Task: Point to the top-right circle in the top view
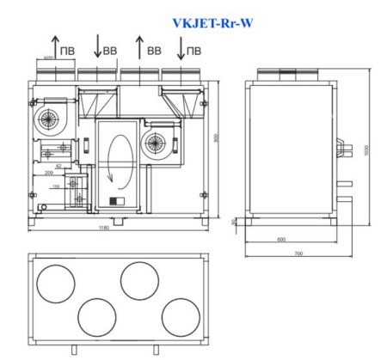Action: [x=138, y=280]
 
